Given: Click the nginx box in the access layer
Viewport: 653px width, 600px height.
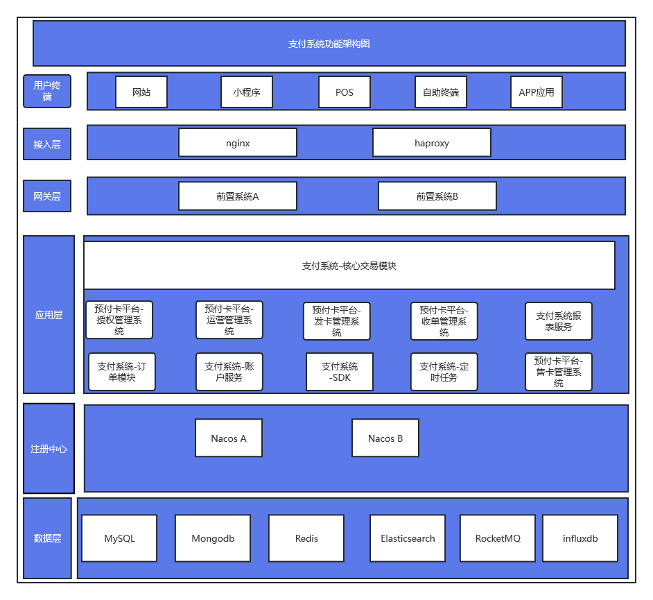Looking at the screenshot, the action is pos(238,142).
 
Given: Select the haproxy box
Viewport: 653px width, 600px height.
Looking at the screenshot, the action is pos(432,142).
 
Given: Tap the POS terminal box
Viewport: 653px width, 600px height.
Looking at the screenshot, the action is pos(345,92).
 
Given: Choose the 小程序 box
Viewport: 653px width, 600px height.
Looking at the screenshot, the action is pos(247,92).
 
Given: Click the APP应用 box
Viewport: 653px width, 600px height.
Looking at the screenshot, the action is pos(537,92).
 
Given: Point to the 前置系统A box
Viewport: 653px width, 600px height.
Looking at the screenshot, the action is pos(238,196).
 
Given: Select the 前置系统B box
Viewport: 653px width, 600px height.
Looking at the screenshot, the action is pos(437,196).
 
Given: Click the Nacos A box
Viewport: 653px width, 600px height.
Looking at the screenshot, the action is pos(229,438).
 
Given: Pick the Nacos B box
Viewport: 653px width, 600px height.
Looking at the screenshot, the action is pos(385,438).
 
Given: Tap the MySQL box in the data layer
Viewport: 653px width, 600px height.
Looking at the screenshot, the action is pos(119,538).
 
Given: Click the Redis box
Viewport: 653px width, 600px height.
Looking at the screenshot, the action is pos(306,538).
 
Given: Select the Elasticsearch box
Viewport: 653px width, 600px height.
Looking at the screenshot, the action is pos(408,538).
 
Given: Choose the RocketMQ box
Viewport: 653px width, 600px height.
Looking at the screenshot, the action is pos(498,538).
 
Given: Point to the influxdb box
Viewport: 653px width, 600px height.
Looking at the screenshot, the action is pos(580,538).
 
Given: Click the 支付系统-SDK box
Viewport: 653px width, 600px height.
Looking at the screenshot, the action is pos(340,372).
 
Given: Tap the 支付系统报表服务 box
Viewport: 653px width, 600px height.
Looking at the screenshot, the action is pos(559,321).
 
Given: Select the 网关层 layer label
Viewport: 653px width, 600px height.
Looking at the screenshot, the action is pos(47,196).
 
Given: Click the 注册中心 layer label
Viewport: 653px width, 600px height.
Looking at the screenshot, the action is pos(49,448).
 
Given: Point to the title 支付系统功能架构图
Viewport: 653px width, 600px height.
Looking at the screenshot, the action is pos(329,44).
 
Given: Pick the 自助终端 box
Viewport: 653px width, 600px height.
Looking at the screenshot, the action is pos(441,92).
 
